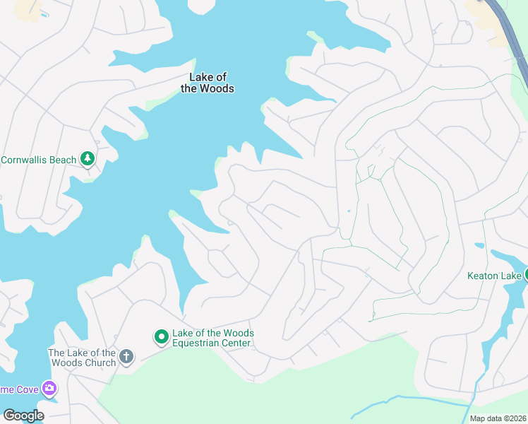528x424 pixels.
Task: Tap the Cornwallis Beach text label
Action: click(x=38, y=160)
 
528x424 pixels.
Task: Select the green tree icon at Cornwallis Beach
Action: click(x=88, y=159)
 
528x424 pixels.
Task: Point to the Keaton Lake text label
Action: click(x=493, y=276)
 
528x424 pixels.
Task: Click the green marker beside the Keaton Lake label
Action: click(x=525, y=275)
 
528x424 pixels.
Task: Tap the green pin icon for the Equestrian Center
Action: click(x=162, y=338)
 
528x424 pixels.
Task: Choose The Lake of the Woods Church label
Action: click(x=81, y=358)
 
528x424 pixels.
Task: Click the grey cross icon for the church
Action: click(x=126, y=356)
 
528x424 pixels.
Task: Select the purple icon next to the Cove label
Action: click(x=49, y=388)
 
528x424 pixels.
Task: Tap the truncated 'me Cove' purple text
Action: click(x=19, y=389)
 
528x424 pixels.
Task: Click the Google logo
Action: click(x=23, y=416)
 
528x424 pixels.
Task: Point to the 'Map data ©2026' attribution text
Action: click(x=497, y=418)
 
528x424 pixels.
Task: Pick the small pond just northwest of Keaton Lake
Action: click(x=479, y=246)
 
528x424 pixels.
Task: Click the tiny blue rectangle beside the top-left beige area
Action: click(x=45, y=14)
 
